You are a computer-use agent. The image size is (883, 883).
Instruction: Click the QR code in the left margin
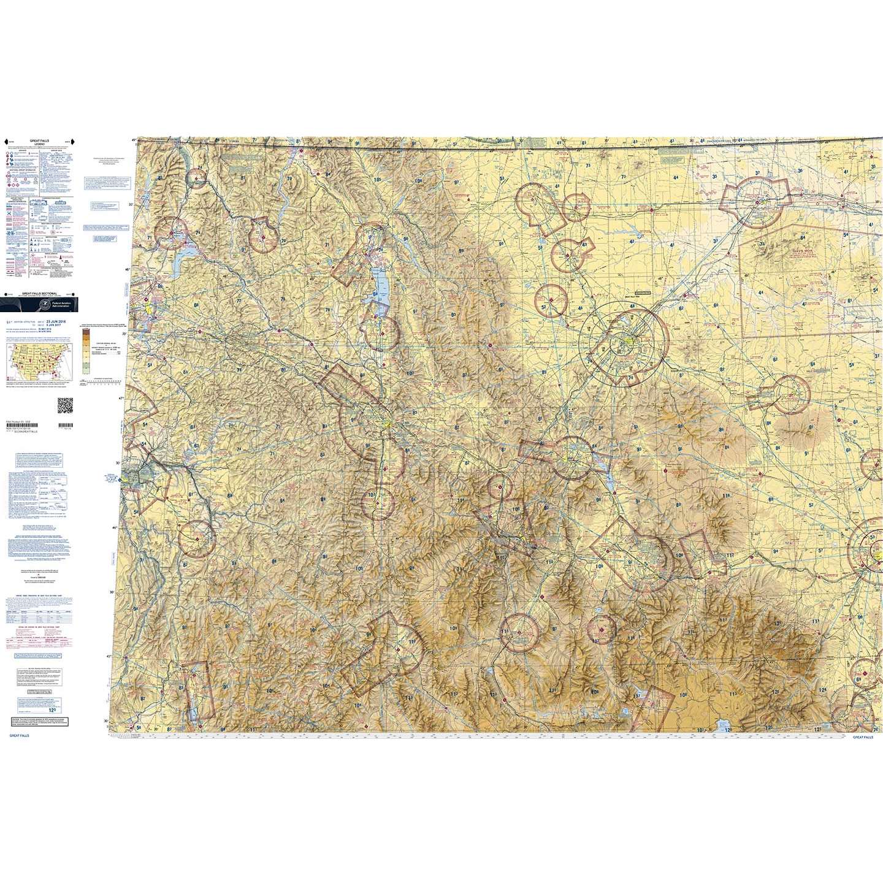pos(64,405)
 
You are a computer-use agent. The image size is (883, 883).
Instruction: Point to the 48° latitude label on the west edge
pos(128,269)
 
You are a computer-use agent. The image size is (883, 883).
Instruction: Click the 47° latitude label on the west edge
pos(121,398)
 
